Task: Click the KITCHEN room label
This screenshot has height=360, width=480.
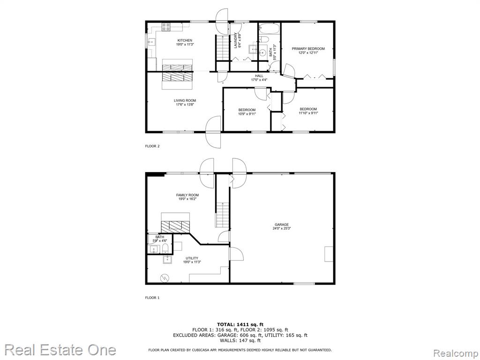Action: tap(185, 40)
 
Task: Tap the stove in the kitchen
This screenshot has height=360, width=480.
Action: tap(166, 27)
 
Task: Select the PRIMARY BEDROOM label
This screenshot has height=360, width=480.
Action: tap(308, 49)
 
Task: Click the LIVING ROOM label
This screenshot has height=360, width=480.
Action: tap(185, 100)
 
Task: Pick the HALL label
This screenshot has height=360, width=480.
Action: tap(259, 76)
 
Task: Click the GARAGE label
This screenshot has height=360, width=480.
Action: tap(281, 225)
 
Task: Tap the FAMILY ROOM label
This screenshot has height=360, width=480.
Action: tap(187, 195)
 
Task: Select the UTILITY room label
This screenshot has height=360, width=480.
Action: tap(192, 258)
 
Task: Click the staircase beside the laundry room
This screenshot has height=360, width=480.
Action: tap(223, 48)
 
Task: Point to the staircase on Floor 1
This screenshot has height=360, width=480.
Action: tap(223, 215)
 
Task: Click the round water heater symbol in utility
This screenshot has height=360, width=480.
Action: tap(165, 278)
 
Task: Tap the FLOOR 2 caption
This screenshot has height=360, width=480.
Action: tap(152, 146)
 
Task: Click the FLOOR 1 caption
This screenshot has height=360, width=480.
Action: tap(152, 298)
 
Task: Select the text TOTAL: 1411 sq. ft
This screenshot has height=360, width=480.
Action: tap(240, 324)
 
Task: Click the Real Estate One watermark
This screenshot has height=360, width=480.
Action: tap(60, 350)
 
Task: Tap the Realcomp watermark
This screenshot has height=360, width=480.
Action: tap(456, 353)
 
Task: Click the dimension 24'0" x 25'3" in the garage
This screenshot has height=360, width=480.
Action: tap(281, 228)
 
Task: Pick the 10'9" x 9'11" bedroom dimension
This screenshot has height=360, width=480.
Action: tap(247, 114)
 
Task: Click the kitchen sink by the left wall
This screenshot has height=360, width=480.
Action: tap(151, 42)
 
